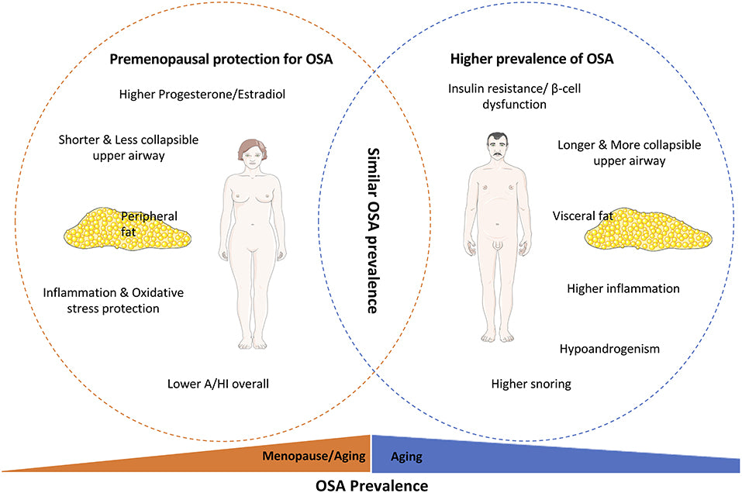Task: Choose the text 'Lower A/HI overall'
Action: (x=218, y=383)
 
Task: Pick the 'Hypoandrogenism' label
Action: (x=609, y=349)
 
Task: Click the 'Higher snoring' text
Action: (x=531, y=383)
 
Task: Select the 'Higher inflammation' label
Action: (x=623, y=288)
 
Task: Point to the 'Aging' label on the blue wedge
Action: (x=407, y=457)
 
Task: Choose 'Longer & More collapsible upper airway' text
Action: (x=629, y=153)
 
